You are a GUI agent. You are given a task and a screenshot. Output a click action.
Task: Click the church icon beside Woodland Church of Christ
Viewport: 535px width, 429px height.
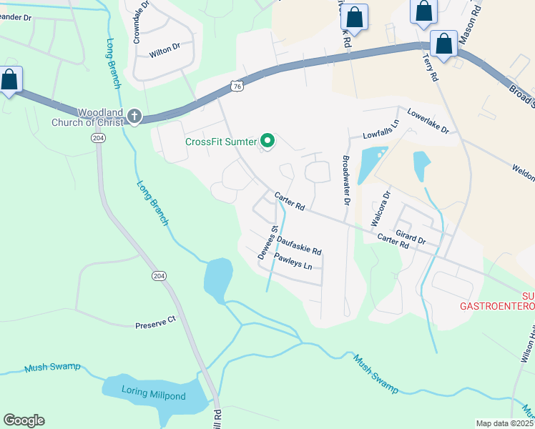pyautogui.click(x=134, y=116)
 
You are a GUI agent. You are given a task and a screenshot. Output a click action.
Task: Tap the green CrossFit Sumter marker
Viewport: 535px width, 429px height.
pyautogui.click(x=268, y=141)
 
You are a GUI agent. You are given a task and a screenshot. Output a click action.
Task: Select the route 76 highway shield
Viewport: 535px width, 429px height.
pyautogui.click(x=237, y=86)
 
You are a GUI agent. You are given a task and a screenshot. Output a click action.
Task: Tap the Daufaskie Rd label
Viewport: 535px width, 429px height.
pyautogui.click(x=299, y=246)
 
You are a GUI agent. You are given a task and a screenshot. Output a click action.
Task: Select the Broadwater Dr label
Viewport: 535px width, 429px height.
pyautogui.click(x=346, y=182)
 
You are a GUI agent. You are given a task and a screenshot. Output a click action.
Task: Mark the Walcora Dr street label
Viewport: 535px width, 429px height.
pyautogui.click(x=379, y=208)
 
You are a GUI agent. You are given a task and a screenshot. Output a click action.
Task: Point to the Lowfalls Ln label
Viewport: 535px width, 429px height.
pyautogui.click(x=379, y=134)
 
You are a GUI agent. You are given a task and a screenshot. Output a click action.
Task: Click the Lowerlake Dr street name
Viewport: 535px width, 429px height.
pyautogui.click(x=428, y=122)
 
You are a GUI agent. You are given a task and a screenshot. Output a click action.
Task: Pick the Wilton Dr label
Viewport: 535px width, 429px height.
pyautogui.click(x=164, y=53)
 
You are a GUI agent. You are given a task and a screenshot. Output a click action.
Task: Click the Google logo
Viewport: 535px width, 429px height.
pyautogui.click(x=24, y=420)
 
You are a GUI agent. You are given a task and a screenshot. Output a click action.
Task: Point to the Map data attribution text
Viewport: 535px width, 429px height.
pyautogui.click(x=505, y=423)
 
